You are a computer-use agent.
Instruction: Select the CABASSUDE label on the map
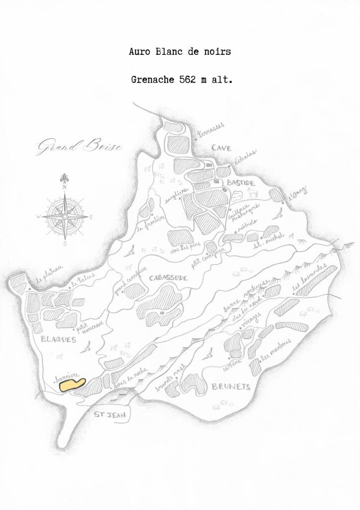pos(169,278)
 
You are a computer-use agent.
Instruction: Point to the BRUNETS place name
pos(231,386)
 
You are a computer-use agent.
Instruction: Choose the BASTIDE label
pos(241,183)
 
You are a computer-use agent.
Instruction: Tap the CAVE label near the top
pos(222,147)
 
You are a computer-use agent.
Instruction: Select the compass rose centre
pos(65,217)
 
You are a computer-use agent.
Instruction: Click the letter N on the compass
pos(64,187)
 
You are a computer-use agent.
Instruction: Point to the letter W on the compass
pos(38,217)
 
